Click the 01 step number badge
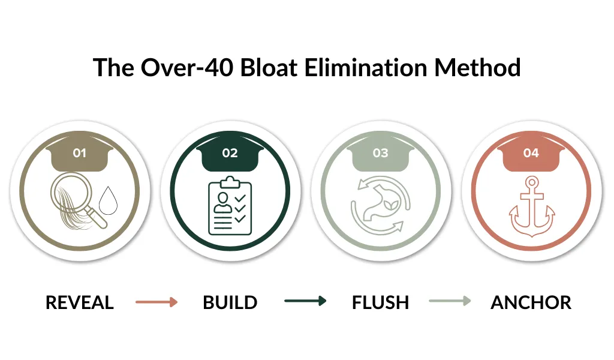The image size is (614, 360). (79, 153)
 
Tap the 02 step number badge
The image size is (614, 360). (230, 153)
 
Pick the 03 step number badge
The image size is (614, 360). (381, 153)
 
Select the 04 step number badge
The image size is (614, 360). (531, 153)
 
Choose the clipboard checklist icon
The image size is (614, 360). (230, 206)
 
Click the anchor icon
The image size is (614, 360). (531, 205)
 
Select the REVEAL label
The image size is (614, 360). (79, 302)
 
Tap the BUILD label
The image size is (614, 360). (230, 302)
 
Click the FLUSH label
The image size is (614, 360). (381, 302)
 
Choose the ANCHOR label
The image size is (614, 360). (531, 302)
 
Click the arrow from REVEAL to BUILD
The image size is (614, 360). (156, 302)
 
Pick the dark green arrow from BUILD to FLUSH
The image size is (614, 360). (305, 301)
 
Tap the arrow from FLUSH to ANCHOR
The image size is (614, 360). (450, 301)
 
